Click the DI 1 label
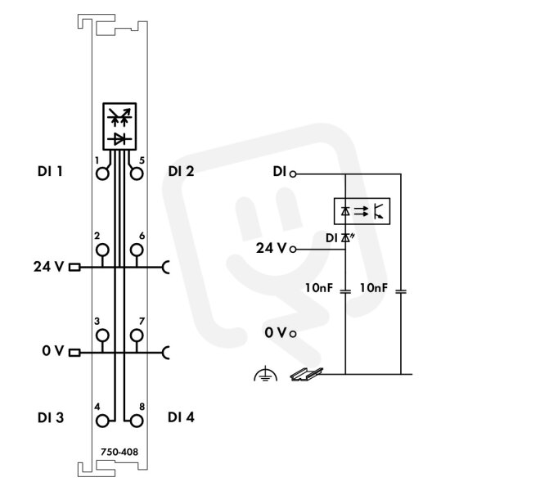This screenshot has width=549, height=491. click(50, 171)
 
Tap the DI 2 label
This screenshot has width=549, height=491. click(181, 171)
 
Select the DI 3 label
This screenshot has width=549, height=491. click(51, 417)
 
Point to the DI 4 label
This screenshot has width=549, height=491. click(181, 417)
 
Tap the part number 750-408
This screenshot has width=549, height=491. click(119, 452)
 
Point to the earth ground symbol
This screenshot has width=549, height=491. click(265, 374)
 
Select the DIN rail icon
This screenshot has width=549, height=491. click(307, 374)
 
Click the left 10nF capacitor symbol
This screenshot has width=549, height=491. click(345, 291)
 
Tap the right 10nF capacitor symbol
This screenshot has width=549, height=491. click(401, 291)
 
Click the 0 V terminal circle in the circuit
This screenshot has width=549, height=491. click(293, 334)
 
